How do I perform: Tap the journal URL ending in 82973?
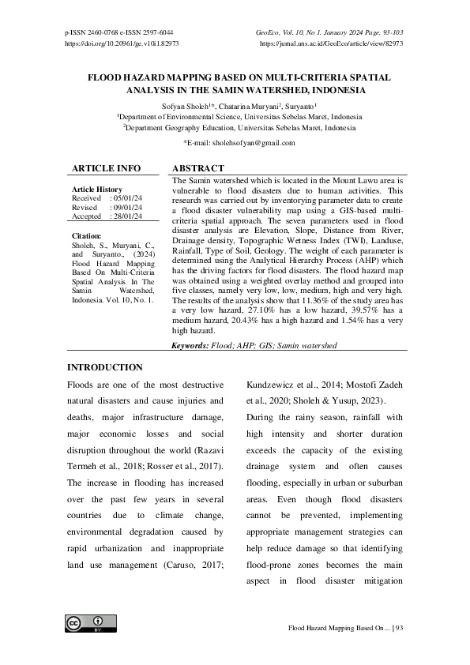click(x=332, y=43)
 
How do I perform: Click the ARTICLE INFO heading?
click(x=107, y=168)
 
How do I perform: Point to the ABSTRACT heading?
click(x=198, y=168)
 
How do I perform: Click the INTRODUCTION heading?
click(x=104, y=367)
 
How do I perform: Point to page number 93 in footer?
click(x=399, y=628)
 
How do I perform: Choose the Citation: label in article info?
click(x=86, y=235)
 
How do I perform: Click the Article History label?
click(x=96, y=190)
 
